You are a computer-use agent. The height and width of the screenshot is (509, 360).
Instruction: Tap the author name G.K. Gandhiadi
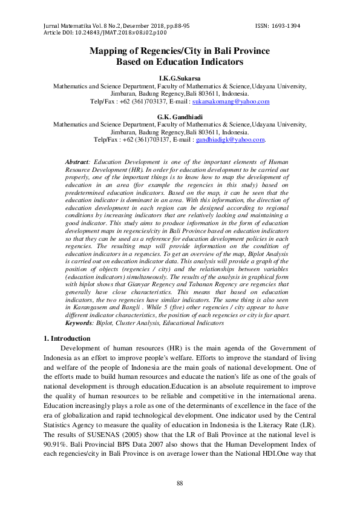pyautogui.click(x=179, y=117)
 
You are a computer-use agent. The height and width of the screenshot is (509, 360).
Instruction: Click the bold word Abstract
pyautogui.click(x=76, y=163)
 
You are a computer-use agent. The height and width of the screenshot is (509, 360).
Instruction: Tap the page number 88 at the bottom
pyautogui.click(x=179, y=482)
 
